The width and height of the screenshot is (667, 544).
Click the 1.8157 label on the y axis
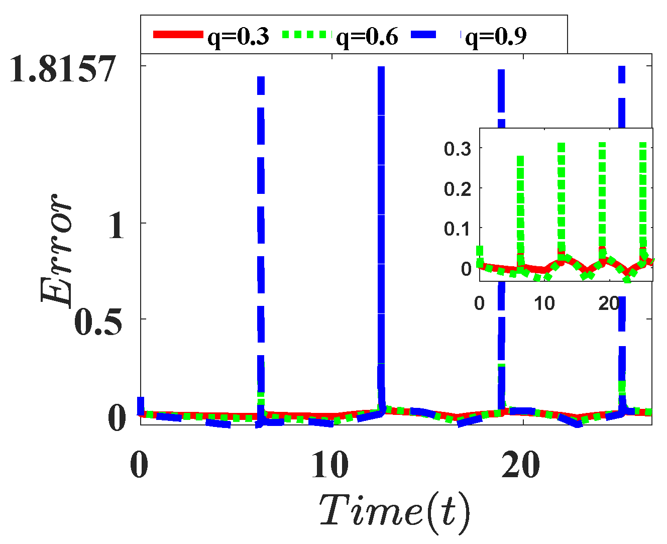point(63,69)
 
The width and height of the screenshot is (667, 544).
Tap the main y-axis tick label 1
point(116,226)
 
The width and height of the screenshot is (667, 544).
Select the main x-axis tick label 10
point(329,466)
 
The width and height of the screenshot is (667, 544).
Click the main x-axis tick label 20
point(521,466)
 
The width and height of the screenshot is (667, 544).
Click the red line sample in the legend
point(179,35)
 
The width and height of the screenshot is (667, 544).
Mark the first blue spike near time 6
point(261,226)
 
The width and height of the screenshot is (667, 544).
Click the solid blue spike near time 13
point(381,226)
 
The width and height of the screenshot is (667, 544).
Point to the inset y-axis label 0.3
point(458,149)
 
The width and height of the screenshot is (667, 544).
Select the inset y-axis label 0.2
point(458,189)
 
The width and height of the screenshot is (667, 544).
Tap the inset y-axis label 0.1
point(458,229)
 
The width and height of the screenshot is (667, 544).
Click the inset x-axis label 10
point(544,303)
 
